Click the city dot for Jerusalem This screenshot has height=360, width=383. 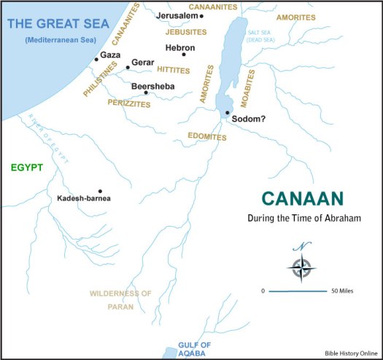point(202,16)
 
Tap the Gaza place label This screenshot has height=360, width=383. point(110,55)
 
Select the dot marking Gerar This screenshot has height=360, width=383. point(128,68)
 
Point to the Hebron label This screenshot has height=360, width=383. point(180,47)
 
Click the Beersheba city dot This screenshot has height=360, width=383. point(147,93)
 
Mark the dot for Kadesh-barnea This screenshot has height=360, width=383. point(100,190)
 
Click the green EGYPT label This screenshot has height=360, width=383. point(27,168)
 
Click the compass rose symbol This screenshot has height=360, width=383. point(301,266)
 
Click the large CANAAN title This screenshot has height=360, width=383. point(303,199)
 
